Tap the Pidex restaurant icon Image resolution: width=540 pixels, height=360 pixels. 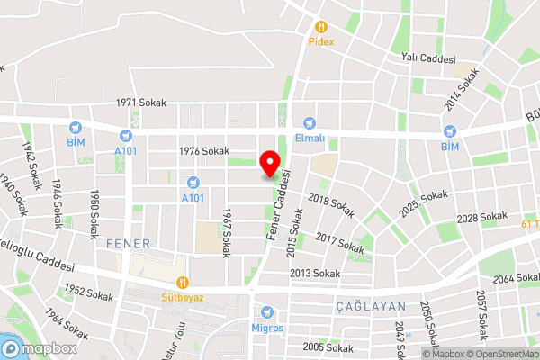tap(321, 27)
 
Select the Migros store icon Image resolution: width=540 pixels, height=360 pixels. tap(267, 312)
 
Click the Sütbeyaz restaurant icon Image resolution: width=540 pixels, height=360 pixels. tap(183, 282)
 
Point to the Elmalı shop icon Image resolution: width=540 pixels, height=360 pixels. tap(310, 123)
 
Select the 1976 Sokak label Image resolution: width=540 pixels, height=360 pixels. tap(204, 151)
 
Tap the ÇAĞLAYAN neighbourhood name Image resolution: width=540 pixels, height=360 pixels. tap(371, 307)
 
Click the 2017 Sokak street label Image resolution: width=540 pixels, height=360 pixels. tap(340, 242)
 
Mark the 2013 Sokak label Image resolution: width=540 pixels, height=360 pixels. tap(314, 273)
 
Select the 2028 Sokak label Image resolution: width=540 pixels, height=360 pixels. tap(482, 218)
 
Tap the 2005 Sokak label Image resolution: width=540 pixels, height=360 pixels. tap(328, 347)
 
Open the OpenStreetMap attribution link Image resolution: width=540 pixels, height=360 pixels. tap(501, 354)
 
